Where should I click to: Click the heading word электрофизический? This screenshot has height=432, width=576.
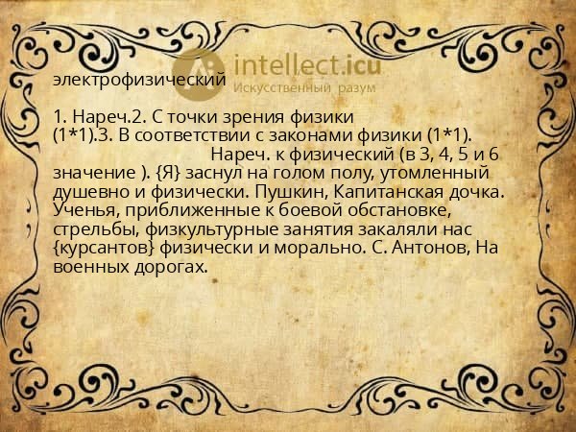coord(140,81)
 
